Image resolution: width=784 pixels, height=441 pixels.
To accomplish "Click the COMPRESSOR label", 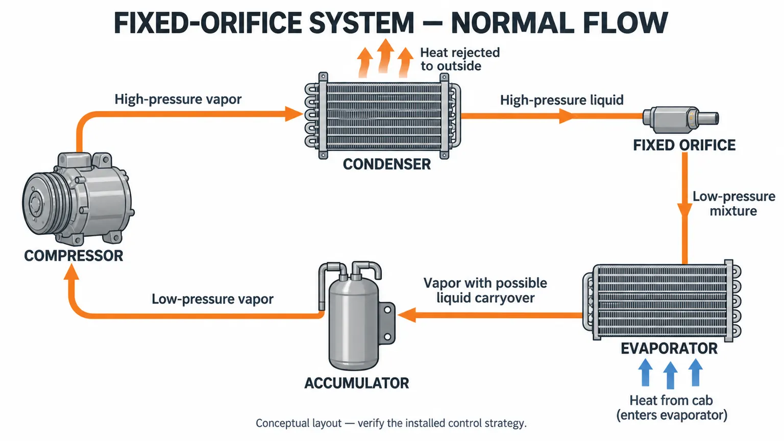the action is coord(73,256).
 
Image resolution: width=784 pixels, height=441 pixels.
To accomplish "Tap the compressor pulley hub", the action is coord(35,203).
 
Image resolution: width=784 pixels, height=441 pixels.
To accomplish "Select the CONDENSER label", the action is coord(387,164).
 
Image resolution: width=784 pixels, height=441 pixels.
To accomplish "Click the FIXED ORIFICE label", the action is coord(684,145).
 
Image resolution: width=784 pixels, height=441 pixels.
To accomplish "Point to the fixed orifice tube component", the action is coord(681,119).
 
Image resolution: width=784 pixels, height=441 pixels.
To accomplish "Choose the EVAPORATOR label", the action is coord(669,349).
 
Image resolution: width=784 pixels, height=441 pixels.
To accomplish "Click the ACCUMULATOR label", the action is coord(357,383).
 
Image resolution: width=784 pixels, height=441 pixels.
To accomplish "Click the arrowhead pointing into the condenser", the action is coord(294,114).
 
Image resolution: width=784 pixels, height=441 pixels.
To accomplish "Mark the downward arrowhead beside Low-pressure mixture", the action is coord(684,210).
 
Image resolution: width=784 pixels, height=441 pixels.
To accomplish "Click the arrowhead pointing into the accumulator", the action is coord(406,315).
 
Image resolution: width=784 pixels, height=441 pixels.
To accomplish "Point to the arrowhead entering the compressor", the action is coord(71,272).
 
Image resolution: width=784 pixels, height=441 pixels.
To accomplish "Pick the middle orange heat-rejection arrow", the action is coord(385,56).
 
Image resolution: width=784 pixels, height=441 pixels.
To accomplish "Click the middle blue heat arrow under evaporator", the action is coord(670,375).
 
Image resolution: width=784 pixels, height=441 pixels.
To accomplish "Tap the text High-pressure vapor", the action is coord(178,100).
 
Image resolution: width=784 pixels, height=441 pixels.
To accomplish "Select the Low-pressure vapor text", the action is coord(212,299).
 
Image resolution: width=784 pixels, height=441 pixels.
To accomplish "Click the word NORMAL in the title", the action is coord(509,23).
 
